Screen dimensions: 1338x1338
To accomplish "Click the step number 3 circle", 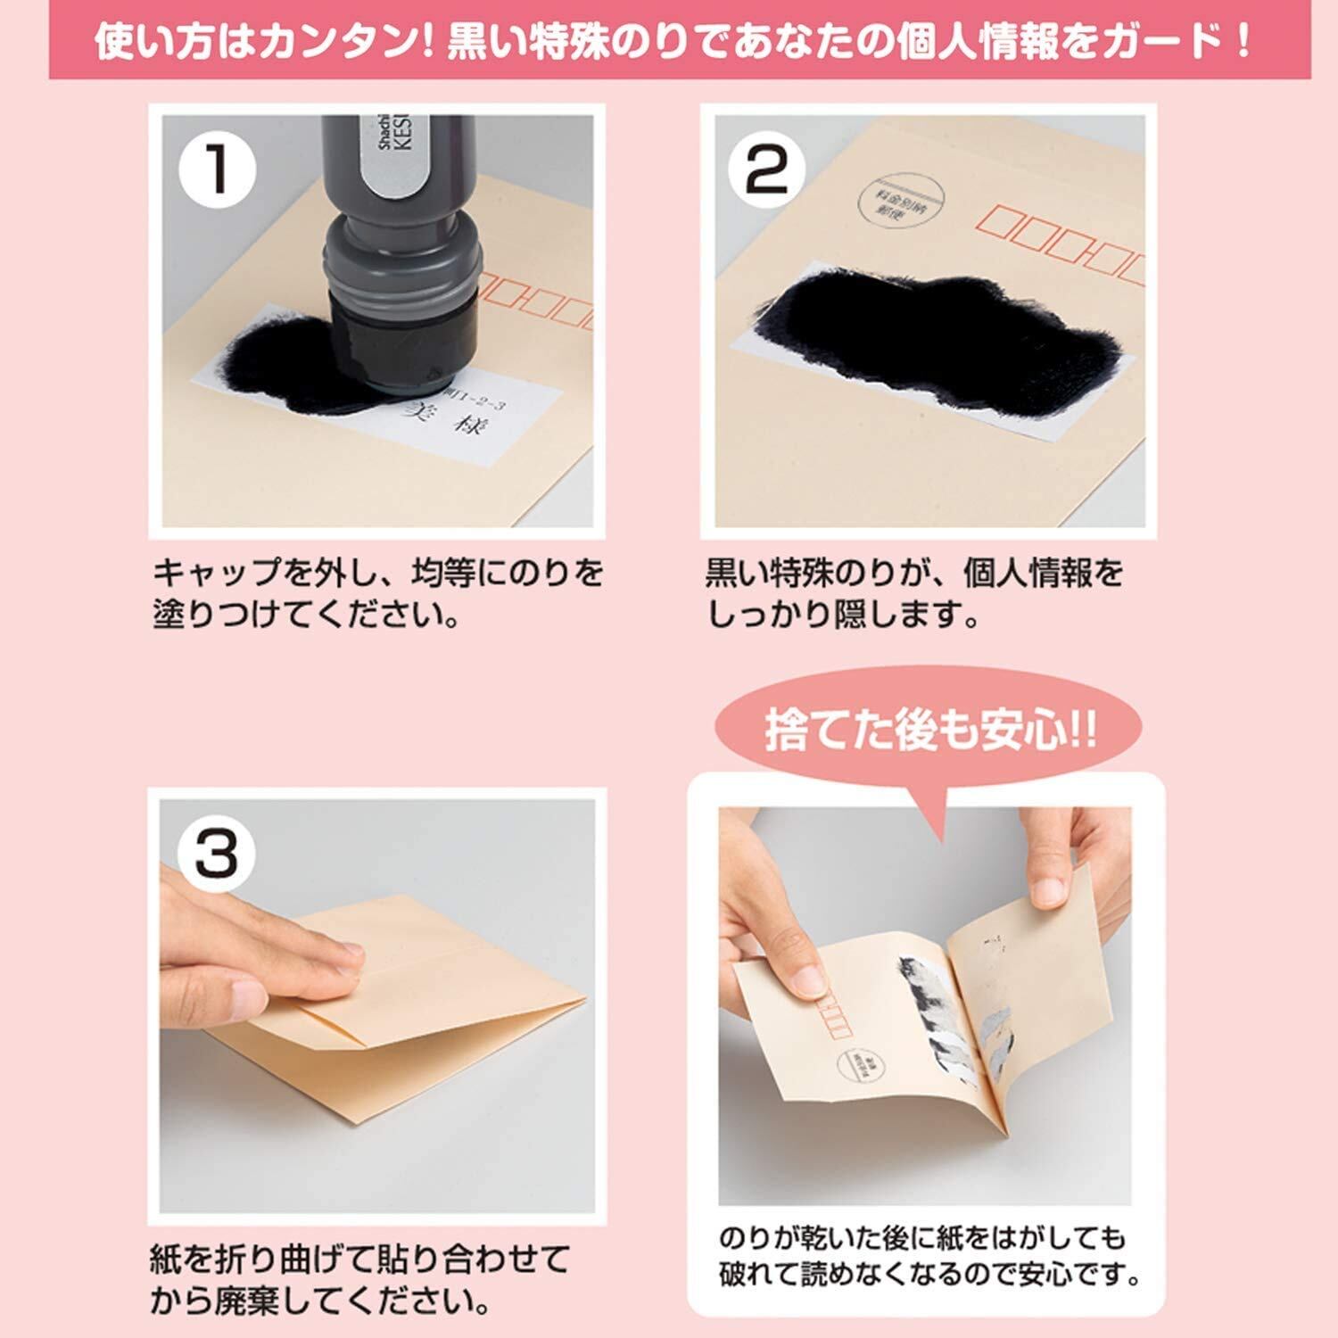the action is (217, 853).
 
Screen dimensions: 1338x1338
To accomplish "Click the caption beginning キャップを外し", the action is (378, 592).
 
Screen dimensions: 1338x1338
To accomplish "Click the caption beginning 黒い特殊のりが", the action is (914, 592).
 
